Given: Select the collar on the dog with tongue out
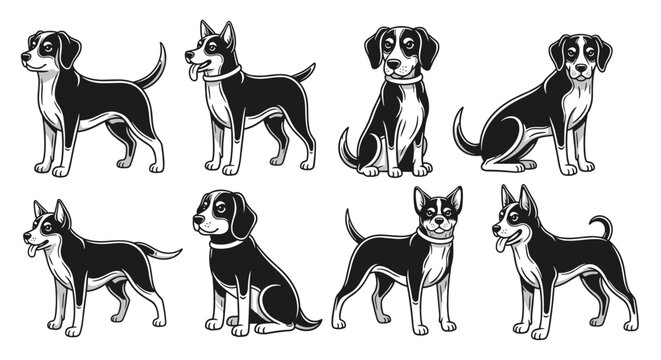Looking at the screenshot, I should [225, 74].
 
